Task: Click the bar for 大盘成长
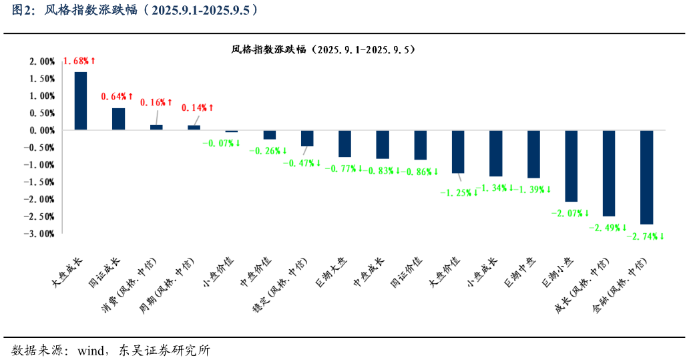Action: [x=80, y=101]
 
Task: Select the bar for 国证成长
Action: [x=118, y=119]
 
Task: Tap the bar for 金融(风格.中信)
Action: [x=646, y=177]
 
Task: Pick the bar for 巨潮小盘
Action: [x=571, y=166]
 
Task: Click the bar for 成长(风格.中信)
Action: [x=609, y=173]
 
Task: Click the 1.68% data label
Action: [x=79, y=61]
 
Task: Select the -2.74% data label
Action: [x=645, y=236]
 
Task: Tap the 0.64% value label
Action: [x=117, y=97]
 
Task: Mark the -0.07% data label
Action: [x=221, y=143]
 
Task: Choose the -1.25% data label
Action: [x=458, y=192]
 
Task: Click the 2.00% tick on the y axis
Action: [x=42, y=61]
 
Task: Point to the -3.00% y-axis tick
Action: [x=41, y=234]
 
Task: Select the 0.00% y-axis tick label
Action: [x=42, y=130]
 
